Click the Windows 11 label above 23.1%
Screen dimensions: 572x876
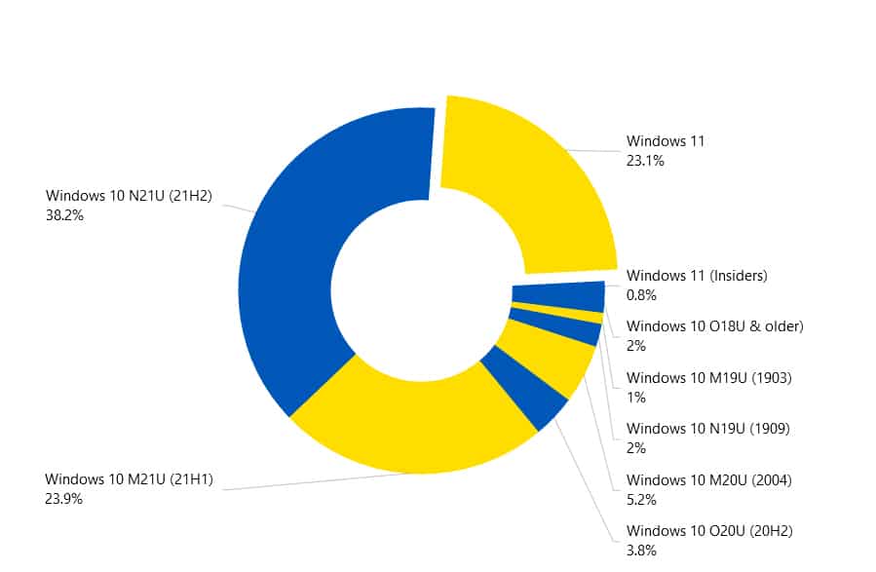click(x=666, y=141)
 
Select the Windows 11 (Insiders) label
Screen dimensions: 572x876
click(x=697, y=276)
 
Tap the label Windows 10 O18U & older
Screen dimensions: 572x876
click(x=714, y=325)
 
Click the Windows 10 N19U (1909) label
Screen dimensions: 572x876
click(x=707, y=428)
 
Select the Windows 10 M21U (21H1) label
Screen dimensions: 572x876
click(x=129, y=478)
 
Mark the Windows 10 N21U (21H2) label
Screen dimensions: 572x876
click(x=129, y=196)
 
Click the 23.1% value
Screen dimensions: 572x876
click(x=645, y=161)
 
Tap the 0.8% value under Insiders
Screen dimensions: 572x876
click(x=642, y=295)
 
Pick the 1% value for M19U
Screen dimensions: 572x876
click(x=636, y=397)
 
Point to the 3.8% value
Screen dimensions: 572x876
click(x=641, y=551)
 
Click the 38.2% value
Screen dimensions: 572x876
click(x=64, y=215)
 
